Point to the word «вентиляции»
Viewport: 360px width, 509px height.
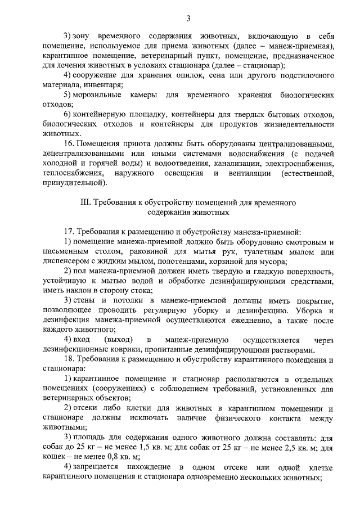pos(246,173)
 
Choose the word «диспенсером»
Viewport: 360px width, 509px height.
pos(68,262)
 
